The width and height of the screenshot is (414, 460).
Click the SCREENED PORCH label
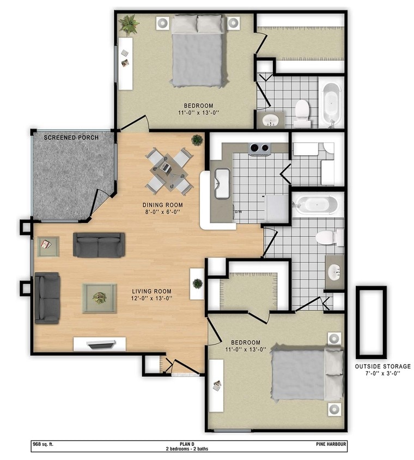click(71, 137)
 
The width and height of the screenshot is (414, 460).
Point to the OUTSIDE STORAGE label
click(382, 367)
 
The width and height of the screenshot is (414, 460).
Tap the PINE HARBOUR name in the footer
click(330, 444)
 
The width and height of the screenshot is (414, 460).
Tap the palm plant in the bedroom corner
click(129, 24)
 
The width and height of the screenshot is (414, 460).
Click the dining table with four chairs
click(169, 171)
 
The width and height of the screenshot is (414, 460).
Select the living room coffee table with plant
click(99, 298)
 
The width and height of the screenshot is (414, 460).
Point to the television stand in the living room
click(100, 344)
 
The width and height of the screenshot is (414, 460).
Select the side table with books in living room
click(48, 246)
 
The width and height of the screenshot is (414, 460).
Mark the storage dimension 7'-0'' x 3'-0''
click(382, 374)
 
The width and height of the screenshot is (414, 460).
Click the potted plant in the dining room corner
click(197, 140)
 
